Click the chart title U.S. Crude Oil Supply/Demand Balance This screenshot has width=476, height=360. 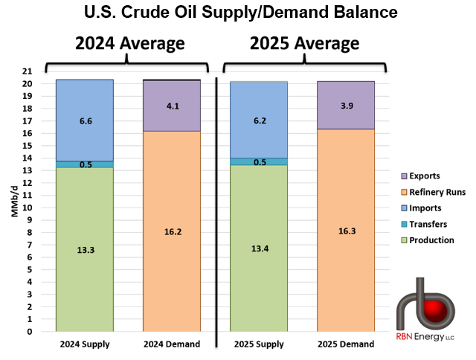[238, 13]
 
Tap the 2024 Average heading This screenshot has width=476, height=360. [129, 43]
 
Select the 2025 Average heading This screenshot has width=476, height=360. [305, 43]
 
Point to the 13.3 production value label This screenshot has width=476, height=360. [85, 250]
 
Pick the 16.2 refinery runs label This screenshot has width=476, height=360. [172, 231]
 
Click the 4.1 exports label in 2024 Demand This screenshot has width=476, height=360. [172, 106]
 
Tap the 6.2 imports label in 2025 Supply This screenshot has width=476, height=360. [259, 120]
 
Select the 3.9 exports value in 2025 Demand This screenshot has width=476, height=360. [346, 106]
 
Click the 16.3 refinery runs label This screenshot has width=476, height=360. [346, 231]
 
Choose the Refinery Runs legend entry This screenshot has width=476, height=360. [430, 192]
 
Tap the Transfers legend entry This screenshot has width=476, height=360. [423, 224]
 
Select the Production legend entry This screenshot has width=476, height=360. [426, 240]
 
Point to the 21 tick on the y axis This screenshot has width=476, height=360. [27, 71]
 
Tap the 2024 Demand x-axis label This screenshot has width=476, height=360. [172, 344]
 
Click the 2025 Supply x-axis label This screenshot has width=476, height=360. [259, 344]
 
